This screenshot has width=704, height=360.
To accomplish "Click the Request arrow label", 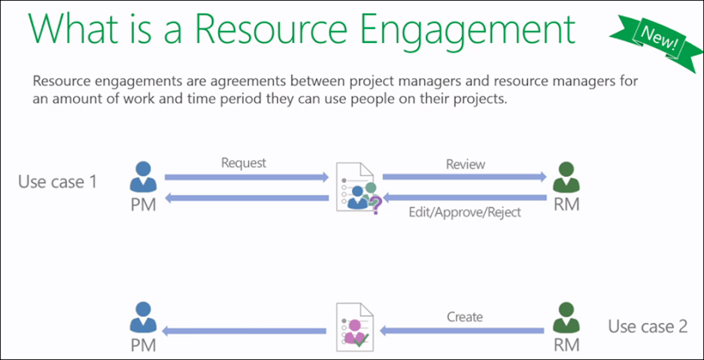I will point(244,163).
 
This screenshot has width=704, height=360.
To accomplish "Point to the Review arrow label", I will point(466,164).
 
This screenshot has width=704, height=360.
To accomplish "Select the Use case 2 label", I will point(648,327).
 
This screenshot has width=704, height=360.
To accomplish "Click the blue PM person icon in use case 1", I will point(141,176).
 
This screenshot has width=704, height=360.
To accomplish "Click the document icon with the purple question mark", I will point(356,187).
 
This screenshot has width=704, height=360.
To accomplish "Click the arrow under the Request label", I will point(245,178).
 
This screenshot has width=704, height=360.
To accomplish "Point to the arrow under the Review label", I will point(465,178).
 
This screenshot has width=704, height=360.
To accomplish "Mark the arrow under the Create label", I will point(465,331).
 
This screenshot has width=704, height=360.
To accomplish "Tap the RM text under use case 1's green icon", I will point(564,208).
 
